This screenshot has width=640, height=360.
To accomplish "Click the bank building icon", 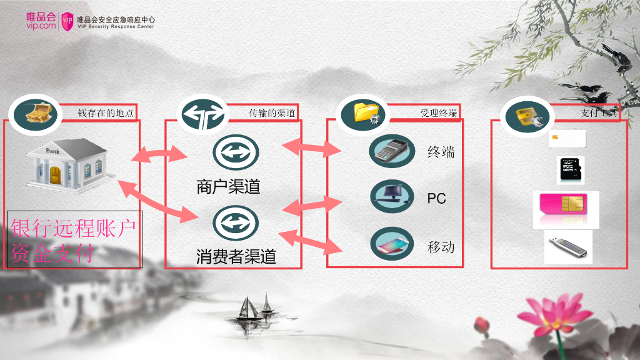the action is coord(68,164).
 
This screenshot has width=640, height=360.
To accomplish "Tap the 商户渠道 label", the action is coord(228,186).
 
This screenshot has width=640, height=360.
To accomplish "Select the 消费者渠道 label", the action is coord(236,256).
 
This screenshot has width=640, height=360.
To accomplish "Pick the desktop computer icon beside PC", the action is coord(392,196).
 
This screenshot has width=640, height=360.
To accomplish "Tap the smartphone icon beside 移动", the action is coord(392,244).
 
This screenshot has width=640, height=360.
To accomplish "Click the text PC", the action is coord(436,198).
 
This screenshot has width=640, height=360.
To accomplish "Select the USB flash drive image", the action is coord(567,246).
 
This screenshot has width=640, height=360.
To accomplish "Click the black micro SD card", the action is coord(571,170).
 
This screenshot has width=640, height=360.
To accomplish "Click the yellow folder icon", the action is coord(364,112).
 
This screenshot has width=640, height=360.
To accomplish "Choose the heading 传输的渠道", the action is coord(272,113).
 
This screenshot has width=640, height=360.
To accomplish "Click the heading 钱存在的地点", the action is coord(106,113).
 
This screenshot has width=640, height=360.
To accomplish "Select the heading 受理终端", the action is coord(439,113).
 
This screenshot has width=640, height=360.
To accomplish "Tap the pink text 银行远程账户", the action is coord(73,229).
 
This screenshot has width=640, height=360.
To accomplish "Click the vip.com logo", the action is coord(42,21).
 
